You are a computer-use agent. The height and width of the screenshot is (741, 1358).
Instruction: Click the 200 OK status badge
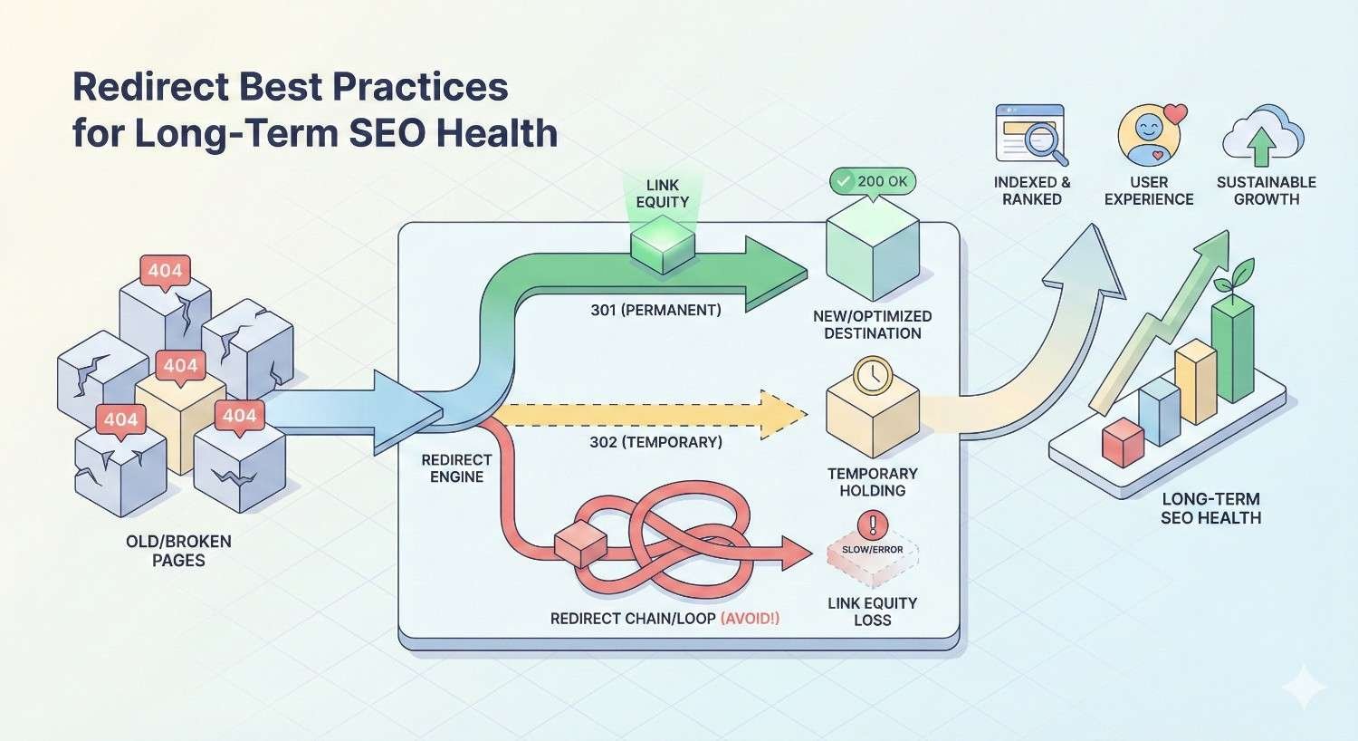873,181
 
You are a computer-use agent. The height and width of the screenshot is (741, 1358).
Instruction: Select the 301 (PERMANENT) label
655,310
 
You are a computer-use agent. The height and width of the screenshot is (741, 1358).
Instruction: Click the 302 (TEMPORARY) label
655,442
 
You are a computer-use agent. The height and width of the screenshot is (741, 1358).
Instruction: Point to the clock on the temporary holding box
873,375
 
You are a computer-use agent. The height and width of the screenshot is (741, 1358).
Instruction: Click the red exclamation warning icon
873,524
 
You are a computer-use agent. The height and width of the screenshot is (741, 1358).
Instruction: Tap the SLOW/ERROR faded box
873,558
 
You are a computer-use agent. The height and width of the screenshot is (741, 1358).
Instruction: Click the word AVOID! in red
750,619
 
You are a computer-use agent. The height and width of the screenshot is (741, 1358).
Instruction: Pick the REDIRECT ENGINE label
456,468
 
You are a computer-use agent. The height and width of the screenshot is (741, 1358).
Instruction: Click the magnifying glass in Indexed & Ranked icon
1043,141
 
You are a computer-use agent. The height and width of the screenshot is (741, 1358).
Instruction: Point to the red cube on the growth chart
1124,443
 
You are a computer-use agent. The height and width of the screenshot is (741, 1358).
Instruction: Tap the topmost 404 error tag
165,270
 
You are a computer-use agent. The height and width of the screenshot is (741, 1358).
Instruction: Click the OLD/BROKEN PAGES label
178,551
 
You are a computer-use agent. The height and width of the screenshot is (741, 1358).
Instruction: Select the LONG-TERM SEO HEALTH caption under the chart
1210,508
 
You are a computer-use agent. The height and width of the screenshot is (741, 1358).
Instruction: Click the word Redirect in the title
149,87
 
